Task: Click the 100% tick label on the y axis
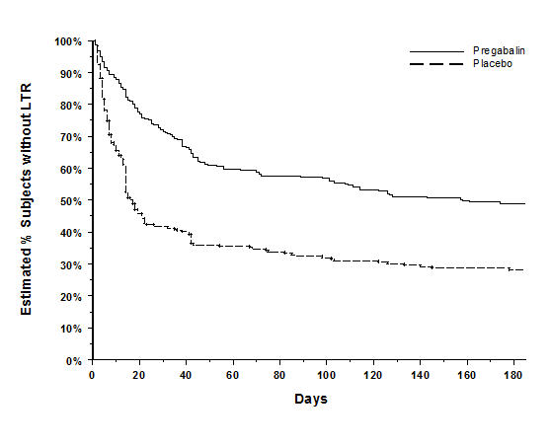[x=68, y=41]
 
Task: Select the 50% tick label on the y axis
[x=71, y=201]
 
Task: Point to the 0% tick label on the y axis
[x=75, y=361]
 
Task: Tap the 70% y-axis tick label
[x=71, y=137]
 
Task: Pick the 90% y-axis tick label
[x=71, y=73]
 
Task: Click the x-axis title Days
[x=309, y=400]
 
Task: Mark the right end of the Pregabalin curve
[x=524, y=203]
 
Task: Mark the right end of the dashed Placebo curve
[x=524, y=269]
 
